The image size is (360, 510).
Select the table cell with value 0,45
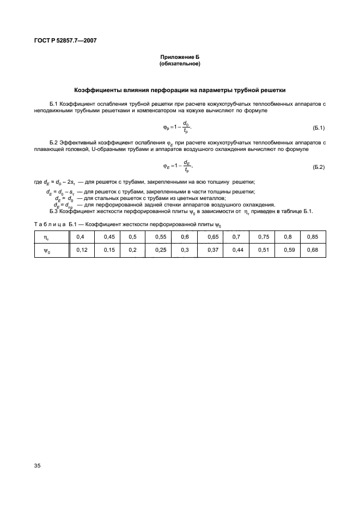[x=109, y=237]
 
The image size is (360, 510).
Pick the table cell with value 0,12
[x=82, y=250]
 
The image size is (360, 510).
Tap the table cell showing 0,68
[x=313, y=250]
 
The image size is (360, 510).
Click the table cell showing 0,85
[x=313, y=237]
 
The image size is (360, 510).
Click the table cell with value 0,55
[x=161, y=237]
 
